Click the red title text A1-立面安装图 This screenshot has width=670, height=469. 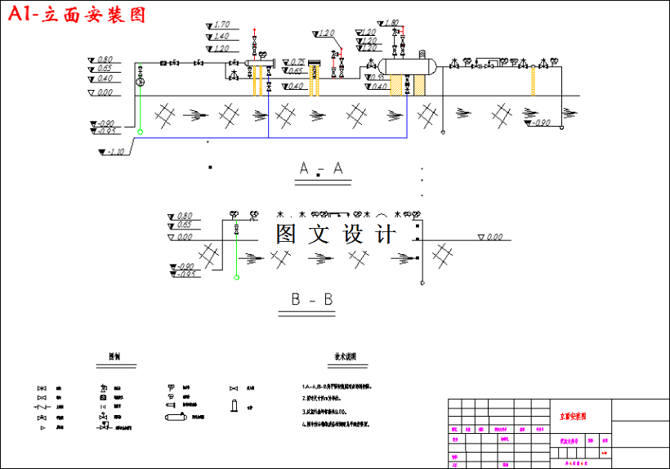click(76, 15)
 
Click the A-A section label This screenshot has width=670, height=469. click(320, 169)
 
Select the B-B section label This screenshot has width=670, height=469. click(312, 300)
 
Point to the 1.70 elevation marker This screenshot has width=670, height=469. click(219, 25)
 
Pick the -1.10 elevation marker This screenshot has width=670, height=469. click(115, 152)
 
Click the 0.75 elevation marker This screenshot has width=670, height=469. click(296, 63)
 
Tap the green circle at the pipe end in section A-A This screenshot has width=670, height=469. click(140, 131)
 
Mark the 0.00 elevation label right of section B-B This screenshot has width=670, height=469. click(493, 238)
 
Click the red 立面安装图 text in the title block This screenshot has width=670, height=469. click(574, 416)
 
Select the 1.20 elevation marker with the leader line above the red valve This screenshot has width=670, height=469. click(325, 33)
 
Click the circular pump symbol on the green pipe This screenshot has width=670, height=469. click(140, 83)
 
